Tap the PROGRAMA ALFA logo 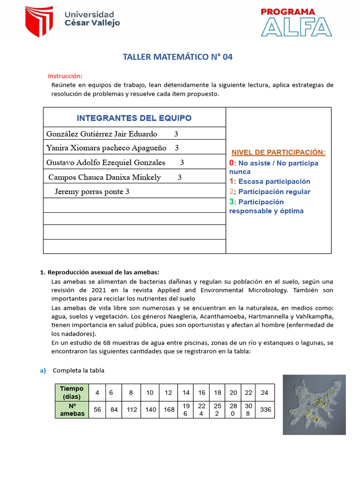tap(296, 22)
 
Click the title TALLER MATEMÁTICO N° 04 tap(177, 57)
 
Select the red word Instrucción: tap(65, 76)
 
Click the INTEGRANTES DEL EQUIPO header tap(134, 118)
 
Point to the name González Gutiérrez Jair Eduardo tap(102, 134)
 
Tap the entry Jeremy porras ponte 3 tap(92, 191)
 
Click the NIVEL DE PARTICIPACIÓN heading tap(278, 152)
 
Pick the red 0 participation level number tap(232, 163)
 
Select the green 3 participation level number tap(232, 202)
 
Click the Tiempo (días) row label tap(72, 392)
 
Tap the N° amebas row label tap(72, 410)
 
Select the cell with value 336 tap(265, 410)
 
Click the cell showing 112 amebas tap(132, 410)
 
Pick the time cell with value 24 tap(265, 392)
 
